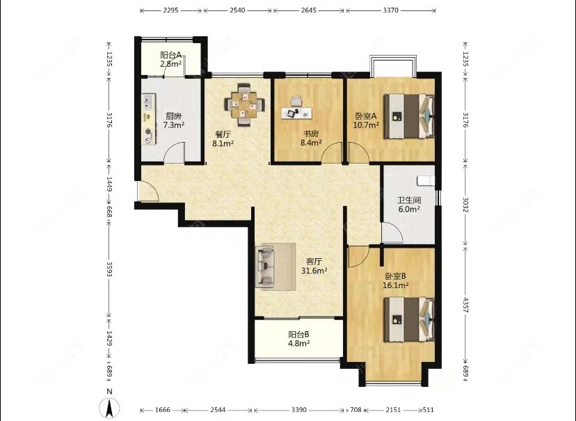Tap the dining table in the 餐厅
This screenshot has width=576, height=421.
243,105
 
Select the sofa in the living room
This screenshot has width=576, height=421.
265,267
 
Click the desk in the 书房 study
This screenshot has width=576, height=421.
297,113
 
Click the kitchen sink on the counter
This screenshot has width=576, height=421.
149,102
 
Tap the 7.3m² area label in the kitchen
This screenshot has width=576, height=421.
173,125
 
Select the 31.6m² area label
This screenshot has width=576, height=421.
314,271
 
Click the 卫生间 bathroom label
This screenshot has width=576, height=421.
409,200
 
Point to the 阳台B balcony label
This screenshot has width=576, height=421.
298,335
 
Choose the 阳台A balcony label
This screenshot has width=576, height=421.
171,55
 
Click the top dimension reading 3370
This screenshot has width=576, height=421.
390,10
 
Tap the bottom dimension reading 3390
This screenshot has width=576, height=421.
298,410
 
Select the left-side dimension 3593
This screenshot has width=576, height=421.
109,269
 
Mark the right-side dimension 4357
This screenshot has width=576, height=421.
465,305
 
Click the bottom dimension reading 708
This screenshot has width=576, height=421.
355,410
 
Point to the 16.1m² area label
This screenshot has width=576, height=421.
396,285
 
